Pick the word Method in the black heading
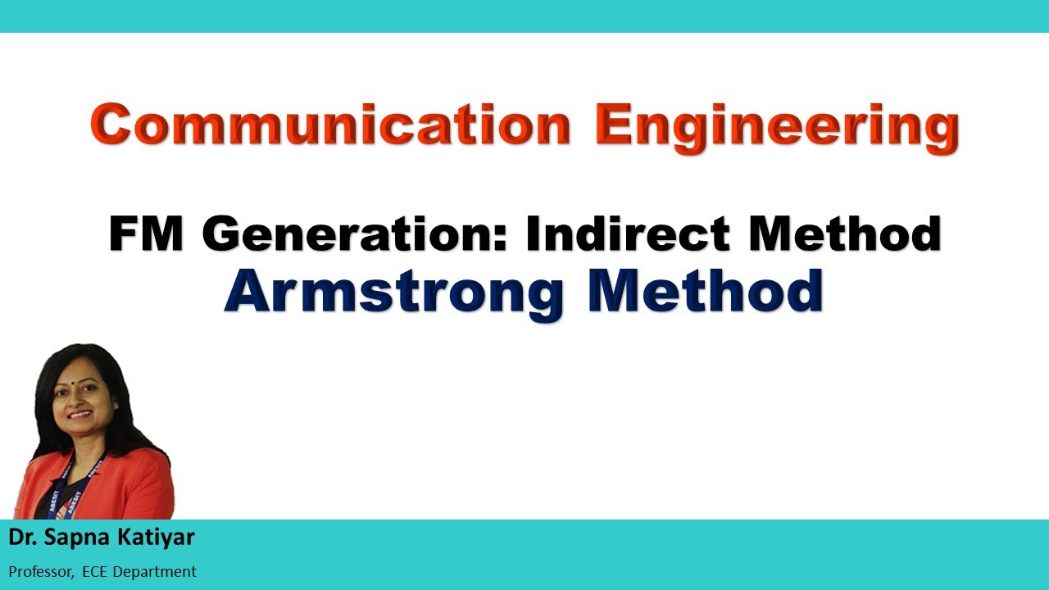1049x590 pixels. point(844,234)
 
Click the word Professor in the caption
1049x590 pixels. point(41,571)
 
